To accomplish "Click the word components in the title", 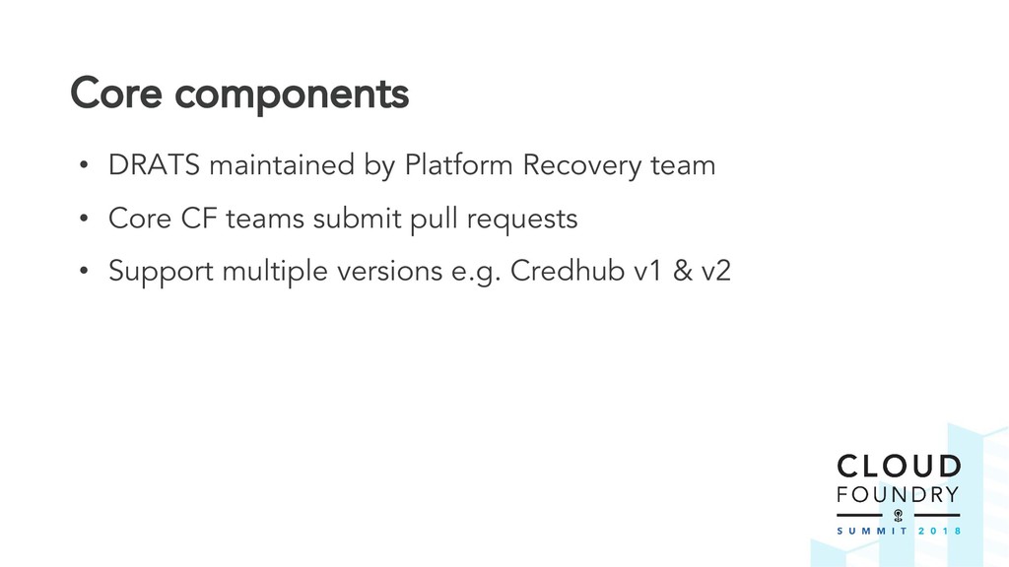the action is (x=290, y=96).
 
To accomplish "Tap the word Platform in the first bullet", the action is (x=459, y=165).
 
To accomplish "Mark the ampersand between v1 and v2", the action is (x=680, y=272).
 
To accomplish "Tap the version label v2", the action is (x=715, y=272).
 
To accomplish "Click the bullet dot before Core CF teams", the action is (x=85, y=220).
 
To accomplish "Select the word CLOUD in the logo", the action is (x=898, y=467).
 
